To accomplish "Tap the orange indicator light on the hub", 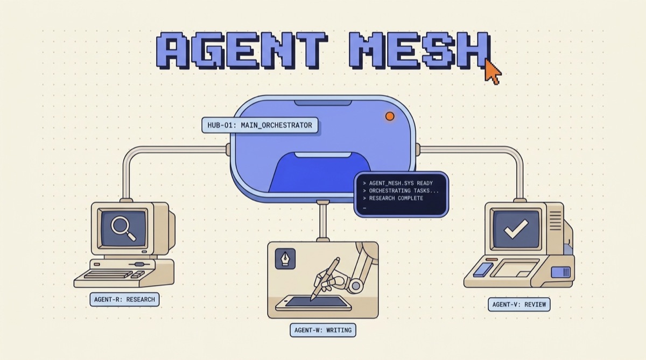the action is [390, 116].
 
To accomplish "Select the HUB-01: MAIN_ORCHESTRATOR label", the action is [260, 125].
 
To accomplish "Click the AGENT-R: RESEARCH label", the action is [124, 299].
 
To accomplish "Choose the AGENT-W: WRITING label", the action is [323, 330].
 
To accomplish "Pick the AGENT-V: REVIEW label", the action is [519, 305].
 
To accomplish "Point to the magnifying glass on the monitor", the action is [123, 228].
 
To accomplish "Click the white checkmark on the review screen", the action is [516, 229].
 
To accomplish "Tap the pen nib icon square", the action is [285, 258].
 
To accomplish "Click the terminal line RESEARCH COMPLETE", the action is [393, 198].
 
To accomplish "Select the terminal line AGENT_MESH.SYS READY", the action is [398, 183].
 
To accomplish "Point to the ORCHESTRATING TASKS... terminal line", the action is [401, 190].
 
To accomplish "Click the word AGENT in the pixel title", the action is [242, 51].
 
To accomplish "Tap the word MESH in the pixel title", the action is [419, 51].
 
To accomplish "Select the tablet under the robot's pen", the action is [314, 303].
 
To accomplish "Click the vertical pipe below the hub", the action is [323, 221].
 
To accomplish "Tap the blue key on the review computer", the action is [483, 270].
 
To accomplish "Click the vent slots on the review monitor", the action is [556, 221].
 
